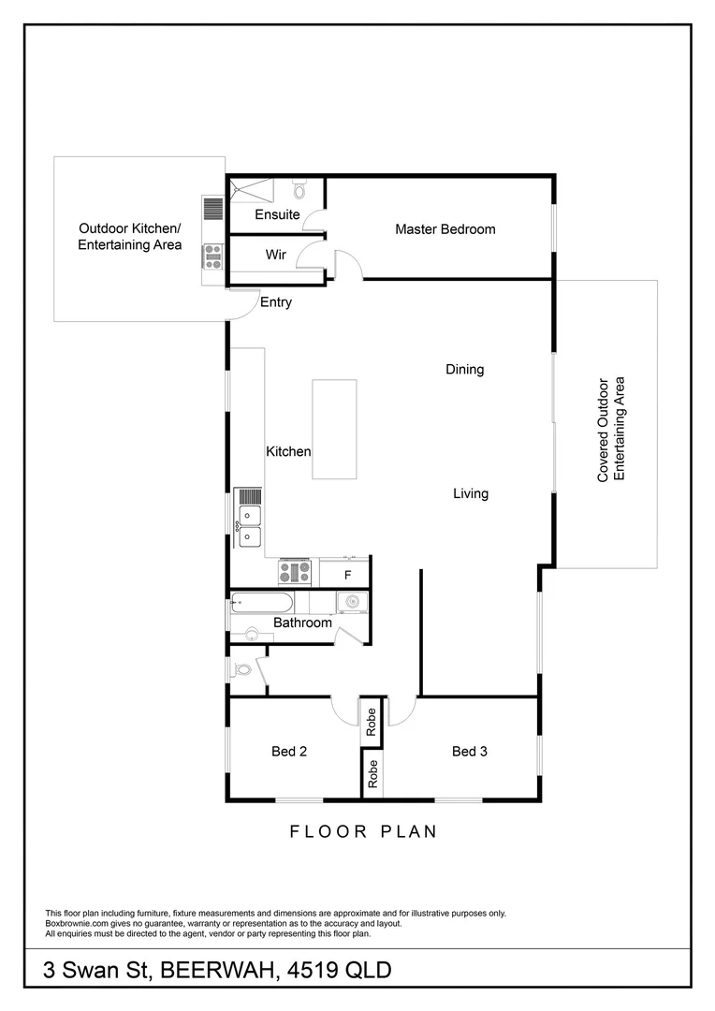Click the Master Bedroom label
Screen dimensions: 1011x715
[x=445, y=229]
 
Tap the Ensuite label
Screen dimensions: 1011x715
[x=277, y=214]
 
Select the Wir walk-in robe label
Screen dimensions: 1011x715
[x=275, y=254]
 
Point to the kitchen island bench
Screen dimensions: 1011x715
[x=334, y=429]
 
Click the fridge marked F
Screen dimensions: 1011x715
[x=347, y=574]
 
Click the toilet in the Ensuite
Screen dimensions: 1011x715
[x=299, y=191]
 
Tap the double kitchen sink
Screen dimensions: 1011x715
[x=250, y=525]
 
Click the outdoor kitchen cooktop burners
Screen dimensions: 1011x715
[x=212, y=255]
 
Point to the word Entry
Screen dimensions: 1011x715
[x=276, y=302]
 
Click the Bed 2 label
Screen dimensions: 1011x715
[x=289, y=751]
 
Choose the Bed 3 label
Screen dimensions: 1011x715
[x=470, y=751]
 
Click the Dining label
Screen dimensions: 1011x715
[x=464, y=370]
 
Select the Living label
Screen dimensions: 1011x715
[x=471, y=493]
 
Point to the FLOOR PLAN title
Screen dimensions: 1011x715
[x=363, y=831]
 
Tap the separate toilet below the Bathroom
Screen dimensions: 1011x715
[x=242, y=670]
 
